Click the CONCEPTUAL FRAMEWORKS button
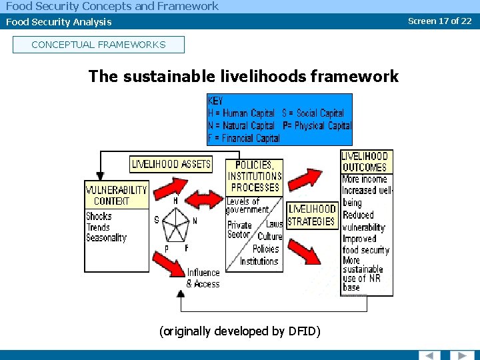pyautogui.click(x=98, y=45)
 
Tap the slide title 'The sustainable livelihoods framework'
pyautogui.click(x=243, y=76)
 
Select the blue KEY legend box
pyautogui.click(x=279, y=119)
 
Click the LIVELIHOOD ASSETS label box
pyautogui.click(x=171, y=164)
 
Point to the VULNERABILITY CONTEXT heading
pyautogui.click(x=116, y=195)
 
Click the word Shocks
pyautogui.click(x=99, y=216)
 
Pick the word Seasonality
pyautogui.click(x=106, y=237)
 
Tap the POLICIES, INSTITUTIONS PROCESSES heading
pyautogui.click(x=255, y=176)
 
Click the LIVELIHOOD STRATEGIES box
pyautogui.click(x=311, y=215)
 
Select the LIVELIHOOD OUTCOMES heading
pyautogui.click(x=365, y=161)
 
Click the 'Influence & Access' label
pyautogui.click(x=203, y=278)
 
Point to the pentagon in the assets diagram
pyautogui.click(x=175, y=225)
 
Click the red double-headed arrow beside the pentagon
pyautogui.click(x=204, y=198)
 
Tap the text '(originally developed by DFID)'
pyautogui.click(x=240, y=331)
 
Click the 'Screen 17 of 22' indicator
pyautogui.click(x=439, y=21)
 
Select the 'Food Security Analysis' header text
pyautogui.click(x=59, y=22)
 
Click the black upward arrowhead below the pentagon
pyautogui.click(x=181, y=293)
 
